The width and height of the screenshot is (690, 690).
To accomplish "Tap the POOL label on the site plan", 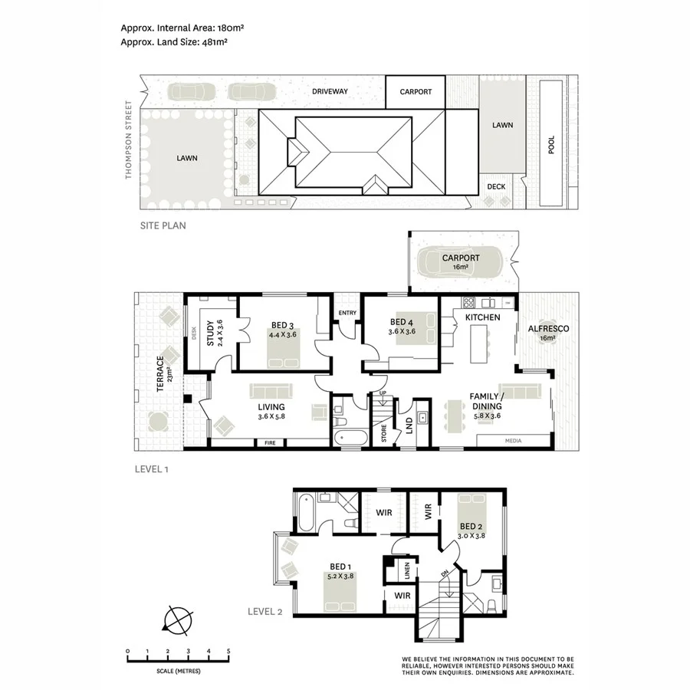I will point(550,146).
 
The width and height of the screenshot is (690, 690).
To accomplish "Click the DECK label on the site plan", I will point(496,186).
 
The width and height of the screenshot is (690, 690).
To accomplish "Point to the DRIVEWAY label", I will point(330,91).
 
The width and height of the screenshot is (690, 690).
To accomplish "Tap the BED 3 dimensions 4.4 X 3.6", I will point(284,334).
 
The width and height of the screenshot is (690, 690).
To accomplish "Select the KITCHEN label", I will point(482,317).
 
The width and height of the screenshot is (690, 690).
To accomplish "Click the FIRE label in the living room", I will point(270,443).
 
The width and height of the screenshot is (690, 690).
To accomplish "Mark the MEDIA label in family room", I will point(513,442).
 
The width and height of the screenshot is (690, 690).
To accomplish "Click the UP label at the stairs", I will point(382,394).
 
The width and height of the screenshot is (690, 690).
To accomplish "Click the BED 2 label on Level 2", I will point(471,526).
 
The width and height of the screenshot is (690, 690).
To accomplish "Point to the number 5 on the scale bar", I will point(228,651).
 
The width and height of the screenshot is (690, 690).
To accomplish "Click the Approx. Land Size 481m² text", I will point(174,42).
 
